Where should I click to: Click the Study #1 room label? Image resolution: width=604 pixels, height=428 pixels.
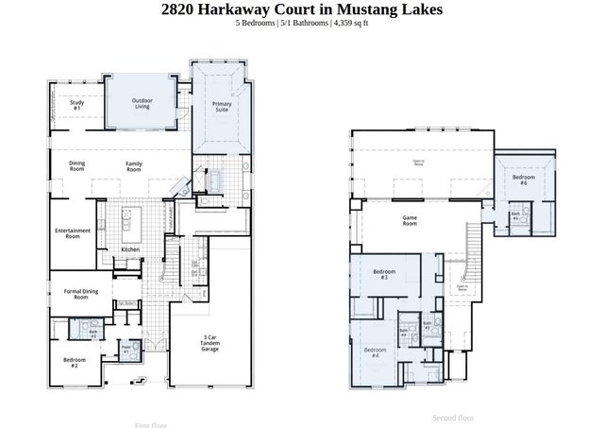(76, 107)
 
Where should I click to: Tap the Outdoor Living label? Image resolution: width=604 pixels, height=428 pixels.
(142, 103)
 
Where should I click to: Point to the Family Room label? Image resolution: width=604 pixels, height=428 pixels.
(135, 166)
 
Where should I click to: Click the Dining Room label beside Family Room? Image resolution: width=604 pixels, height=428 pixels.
(77, 166)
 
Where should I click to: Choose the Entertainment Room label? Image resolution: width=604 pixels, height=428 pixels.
(73, 233)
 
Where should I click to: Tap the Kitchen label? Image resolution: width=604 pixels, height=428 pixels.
(130, 249)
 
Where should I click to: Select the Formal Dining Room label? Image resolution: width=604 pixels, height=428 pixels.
(75, 294)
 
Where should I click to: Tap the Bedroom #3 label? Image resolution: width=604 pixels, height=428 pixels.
(384, 275)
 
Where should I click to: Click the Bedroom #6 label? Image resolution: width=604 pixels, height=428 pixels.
(519, 180)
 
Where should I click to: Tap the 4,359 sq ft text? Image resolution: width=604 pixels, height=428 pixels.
(349, 23)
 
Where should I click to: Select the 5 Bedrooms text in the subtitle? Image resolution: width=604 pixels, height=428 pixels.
(256, 23)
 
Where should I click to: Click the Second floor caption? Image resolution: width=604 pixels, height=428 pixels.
(453, 417)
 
